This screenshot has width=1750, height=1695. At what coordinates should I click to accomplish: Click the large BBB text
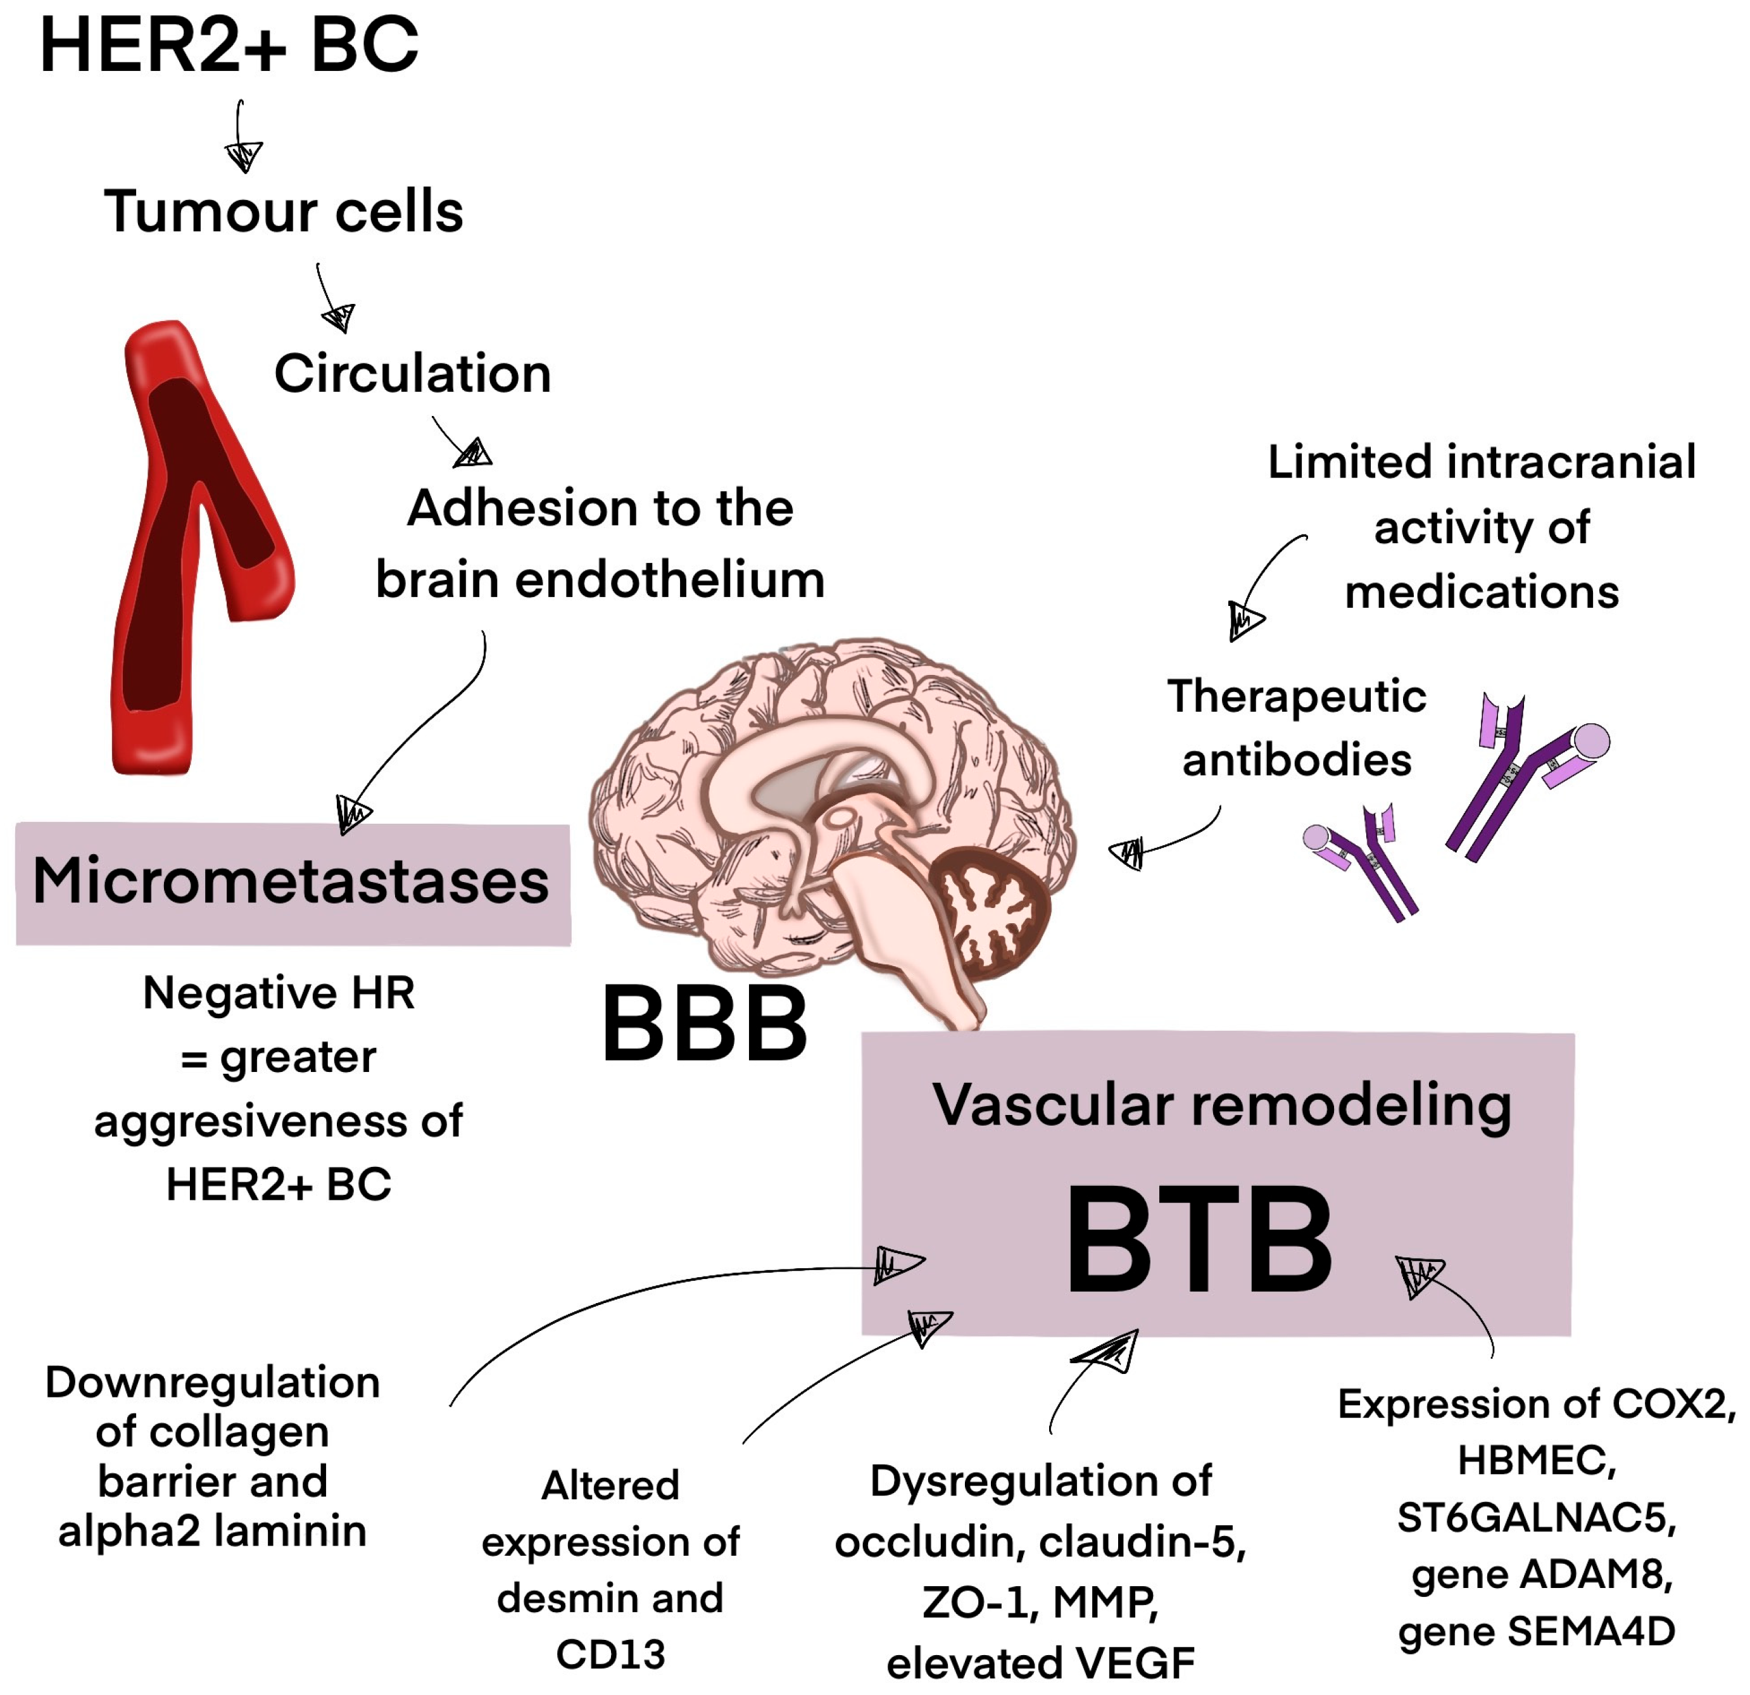coord(705,1024)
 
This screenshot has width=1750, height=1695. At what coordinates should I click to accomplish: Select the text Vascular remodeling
coord(1221,1105)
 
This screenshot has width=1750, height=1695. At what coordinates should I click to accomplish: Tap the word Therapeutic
coord(1297,696)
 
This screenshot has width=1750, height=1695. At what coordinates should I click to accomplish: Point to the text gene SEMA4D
coord(1536,1632)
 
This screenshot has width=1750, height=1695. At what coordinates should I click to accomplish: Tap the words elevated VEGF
coord(1040,1663)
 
